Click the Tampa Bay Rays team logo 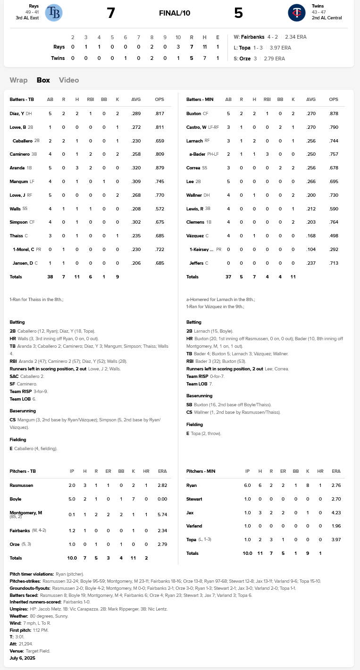point(54,13)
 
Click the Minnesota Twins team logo point(297,13)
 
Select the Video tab point(69,80)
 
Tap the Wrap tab point(18,80)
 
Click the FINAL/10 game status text point(175,13)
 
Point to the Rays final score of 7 point(111,13)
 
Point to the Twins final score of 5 point(238,13)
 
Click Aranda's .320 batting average point(136,168)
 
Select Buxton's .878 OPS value point(334,114)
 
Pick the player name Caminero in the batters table point(19,154)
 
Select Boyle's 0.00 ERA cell point(159,499)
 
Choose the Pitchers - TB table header point(23,471)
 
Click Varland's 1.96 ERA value point(336,526)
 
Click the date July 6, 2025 point(22,658)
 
